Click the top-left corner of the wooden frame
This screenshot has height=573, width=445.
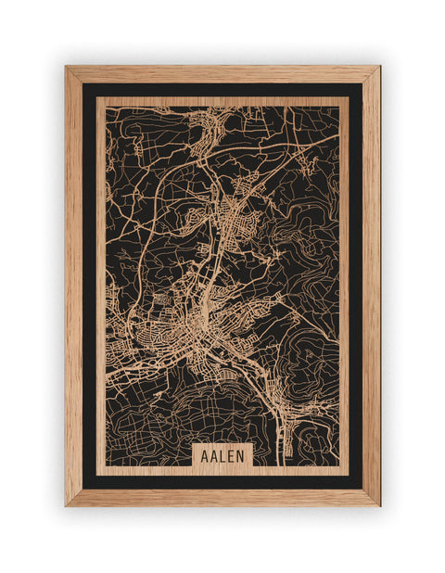point(67,68)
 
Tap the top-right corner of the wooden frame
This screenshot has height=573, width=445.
point(378,68)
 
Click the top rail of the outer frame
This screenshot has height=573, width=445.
point(222,74)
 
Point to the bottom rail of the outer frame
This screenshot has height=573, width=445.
point(222,497)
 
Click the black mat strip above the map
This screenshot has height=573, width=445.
point(222,90)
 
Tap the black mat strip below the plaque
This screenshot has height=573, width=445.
point(222,481)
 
